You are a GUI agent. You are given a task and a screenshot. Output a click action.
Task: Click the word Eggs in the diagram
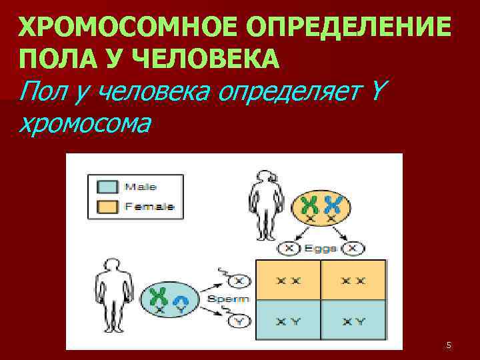pyautogui.click(x=320, y=249)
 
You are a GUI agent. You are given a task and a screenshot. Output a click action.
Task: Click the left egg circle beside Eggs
pyautogui.click(x=288, y=249)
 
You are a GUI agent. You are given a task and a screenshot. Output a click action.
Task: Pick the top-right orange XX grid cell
pyautogui.click(x=354, y=280)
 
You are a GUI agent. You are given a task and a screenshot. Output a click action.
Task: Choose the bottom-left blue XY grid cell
pyautogui.click(x=288, y=322)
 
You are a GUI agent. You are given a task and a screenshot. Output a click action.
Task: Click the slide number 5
pyautogui.click(x=448, y=345)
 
